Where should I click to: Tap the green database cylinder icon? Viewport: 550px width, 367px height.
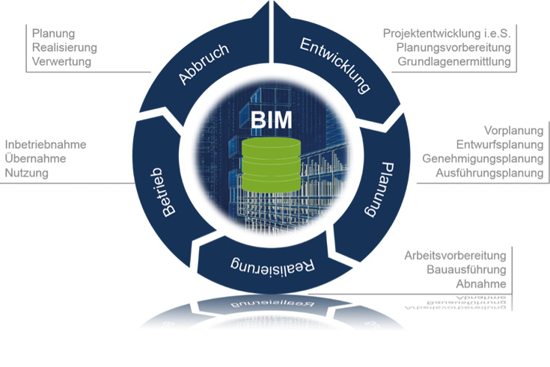(271, 166)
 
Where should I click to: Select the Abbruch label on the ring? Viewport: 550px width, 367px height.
(204, 67)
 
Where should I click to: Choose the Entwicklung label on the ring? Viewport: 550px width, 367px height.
(335, 67)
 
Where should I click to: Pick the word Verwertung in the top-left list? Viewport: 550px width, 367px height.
(61, 61)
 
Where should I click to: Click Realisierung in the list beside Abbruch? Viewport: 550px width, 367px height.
(64, 47)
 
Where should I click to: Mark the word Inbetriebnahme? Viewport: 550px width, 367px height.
(46, 144)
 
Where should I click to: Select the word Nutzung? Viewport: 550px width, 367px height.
(26, 173)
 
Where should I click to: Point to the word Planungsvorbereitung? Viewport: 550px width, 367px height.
(454, 47)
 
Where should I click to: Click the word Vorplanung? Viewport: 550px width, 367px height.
(513, 130)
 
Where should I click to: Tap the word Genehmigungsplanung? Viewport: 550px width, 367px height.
(483, 158)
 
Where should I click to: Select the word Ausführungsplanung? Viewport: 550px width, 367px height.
(489, 173)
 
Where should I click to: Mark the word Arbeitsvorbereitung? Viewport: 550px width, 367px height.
(455, 255)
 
